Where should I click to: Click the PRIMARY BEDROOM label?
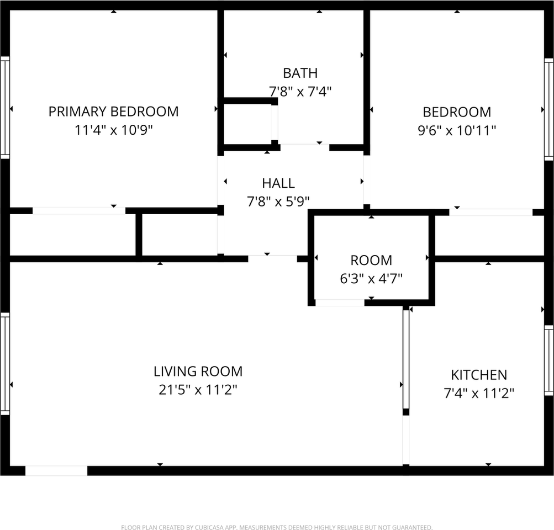coord(113,112)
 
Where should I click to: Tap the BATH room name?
coord(300,73)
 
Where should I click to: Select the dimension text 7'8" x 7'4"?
coord(300,92)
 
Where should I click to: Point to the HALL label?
coord(278,183)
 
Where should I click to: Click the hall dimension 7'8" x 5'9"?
coord(278,202)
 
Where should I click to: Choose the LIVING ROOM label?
coord(198,372)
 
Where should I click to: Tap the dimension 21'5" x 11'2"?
coord(198,390)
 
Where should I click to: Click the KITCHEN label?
coord(479,375)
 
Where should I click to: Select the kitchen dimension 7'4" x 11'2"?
coord(479,393)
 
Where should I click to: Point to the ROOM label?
coord(371,260)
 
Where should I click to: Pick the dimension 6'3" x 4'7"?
coord(371,279)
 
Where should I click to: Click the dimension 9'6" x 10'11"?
coord(457,131)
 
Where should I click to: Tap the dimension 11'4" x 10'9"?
coord(113,130)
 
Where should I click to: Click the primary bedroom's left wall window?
coord(5,107)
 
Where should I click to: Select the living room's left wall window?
coord(5,363)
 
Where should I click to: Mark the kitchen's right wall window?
coord(548,360)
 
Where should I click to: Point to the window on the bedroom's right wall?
coord(548,109)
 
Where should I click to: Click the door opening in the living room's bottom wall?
coord(56,471)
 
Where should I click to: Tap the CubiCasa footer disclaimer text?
coord(277,527)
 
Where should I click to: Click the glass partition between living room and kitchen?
coord(406,359)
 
